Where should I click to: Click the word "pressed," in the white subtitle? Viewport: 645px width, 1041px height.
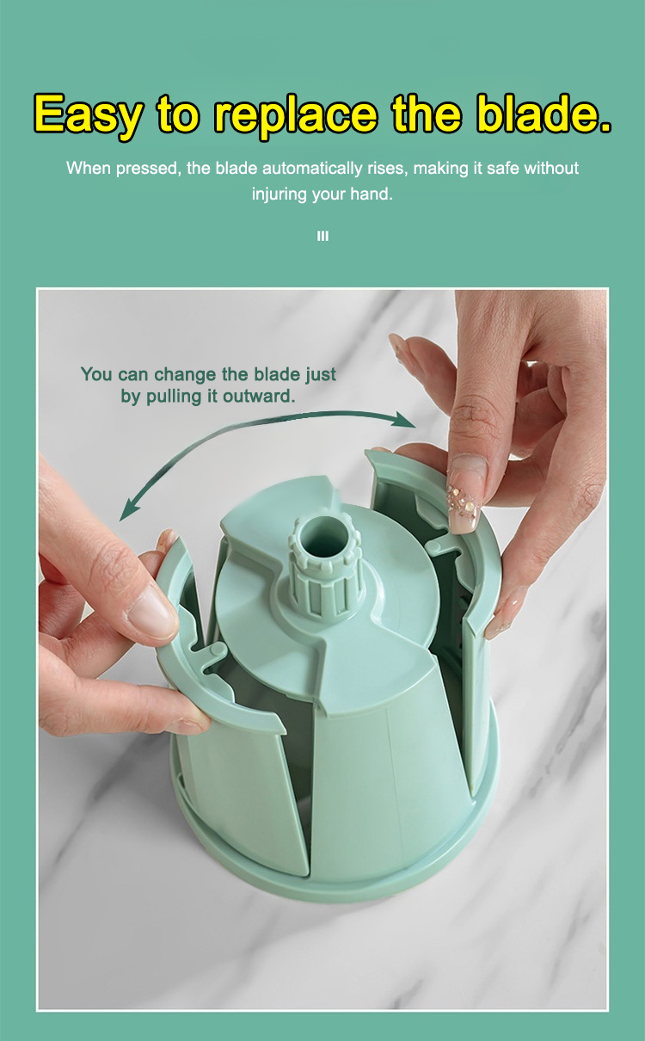pos(148,169)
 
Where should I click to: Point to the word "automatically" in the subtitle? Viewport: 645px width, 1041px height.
pos(312,169)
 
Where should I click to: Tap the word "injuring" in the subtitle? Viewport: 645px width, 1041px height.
pos(279,194)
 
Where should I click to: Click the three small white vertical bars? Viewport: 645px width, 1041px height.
pos(322,236)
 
